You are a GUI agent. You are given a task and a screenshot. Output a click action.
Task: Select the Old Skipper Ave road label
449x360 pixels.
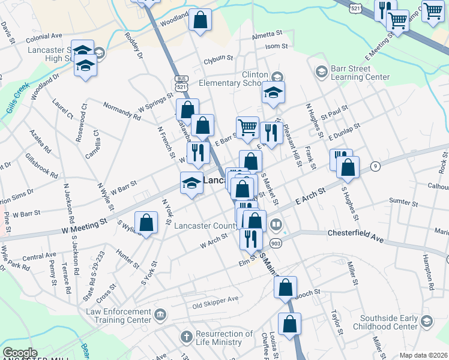point(215,302)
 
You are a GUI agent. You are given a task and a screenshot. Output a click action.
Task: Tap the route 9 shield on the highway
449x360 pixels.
point(376,166)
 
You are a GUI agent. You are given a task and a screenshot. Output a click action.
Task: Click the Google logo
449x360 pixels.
point(20,353)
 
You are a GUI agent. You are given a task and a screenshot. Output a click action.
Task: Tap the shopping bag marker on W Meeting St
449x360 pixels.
point(146,223)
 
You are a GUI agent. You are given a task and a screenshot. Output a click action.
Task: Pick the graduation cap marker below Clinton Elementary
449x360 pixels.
point(273,93)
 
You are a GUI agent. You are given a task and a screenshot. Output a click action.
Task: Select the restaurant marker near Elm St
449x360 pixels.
point(251,238)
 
